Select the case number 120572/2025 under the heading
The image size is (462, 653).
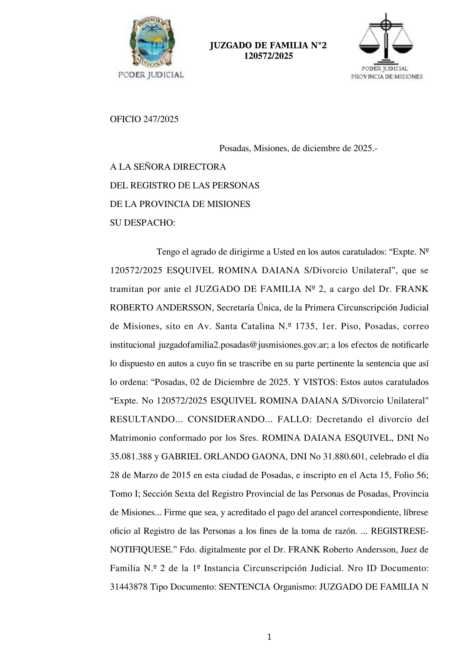(268, 56)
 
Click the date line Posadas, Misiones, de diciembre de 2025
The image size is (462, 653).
(298, 148)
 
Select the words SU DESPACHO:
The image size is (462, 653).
(142, 223)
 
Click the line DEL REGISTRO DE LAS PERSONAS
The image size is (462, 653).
(184, 185)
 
